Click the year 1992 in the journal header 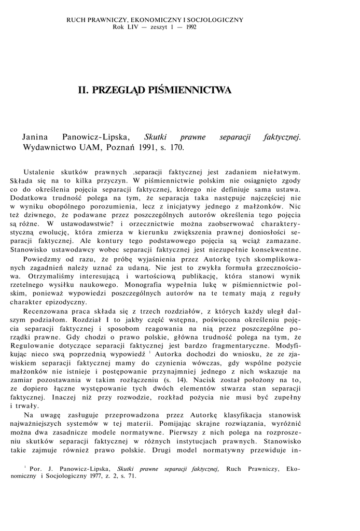(190, 27)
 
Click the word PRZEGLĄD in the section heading (116, 90)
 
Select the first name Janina (35, 137)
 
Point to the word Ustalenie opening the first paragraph (42, 171)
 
